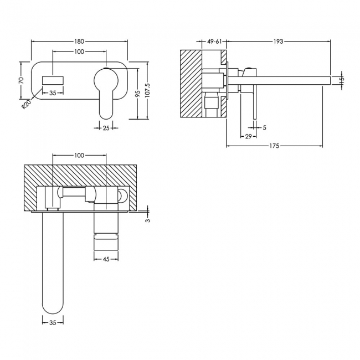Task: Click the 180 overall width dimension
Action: pyautogui.click(x=79, y=41)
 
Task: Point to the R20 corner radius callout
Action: pyautogui.click(x=26, y=104)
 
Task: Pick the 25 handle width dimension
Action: pyautogui.click(x=105, y=128)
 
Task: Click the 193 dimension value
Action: pyautogui.click(x=278, y=41)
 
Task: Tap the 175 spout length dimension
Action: pyautogui.click(x=275, y=146)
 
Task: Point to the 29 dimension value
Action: pyautogui.click(x=248, y=136)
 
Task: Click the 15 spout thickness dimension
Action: pyautogui.click(x=342, y=80)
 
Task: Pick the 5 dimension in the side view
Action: pyautogui.click(x=264, y=128)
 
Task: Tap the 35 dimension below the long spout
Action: pyautogui.click(x=53, y=321)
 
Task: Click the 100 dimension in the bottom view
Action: pyautogui.click(x=79, y=156)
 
